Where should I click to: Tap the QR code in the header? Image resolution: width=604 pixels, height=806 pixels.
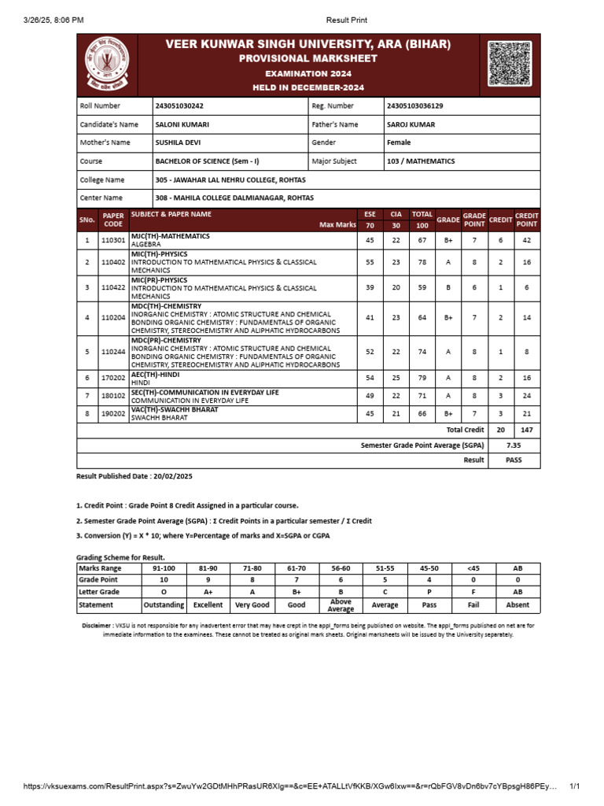coord(509,64)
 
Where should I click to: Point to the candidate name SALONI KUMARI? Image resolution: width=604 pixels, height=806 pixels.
coord(182,124)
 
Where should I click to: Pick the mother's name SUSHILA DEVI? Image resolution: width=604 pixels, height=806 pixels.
coord(180,142)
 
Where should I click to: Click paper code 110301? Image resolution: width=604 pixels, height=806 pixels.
coord(113,240)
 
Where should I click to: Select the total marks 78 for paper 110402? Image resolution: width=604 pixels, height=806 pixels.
coord(422,262)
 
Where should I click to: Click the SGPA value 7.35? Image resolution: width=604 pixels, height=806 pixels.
coord(514,445)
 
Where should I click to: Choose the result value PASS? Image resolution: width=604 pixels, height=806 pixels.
coord(514,460)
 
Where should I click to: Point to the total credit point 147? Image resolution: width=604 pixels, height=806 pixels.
coord(526,431)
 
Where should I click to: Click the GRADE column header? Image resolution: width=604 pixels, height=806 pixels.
coord(448,220)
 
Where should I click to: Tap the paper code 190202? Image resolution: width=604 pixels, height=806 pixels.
coord(113,413)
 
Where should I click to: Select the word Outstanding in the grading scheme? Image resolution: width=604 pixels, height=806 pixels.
coord(164,605)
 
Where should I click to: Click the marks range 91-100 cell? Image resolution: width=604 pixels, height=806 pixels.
coord(164,568)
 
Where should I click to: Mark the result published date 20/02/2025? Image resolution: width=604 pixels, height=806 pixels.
coord(169,477)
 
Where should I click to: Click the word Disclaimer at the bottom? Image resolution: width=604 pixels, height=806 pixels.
coord(98,625)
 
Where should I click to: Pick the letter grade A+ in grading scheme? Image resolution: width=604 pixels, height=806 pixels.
coord(208,591)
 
